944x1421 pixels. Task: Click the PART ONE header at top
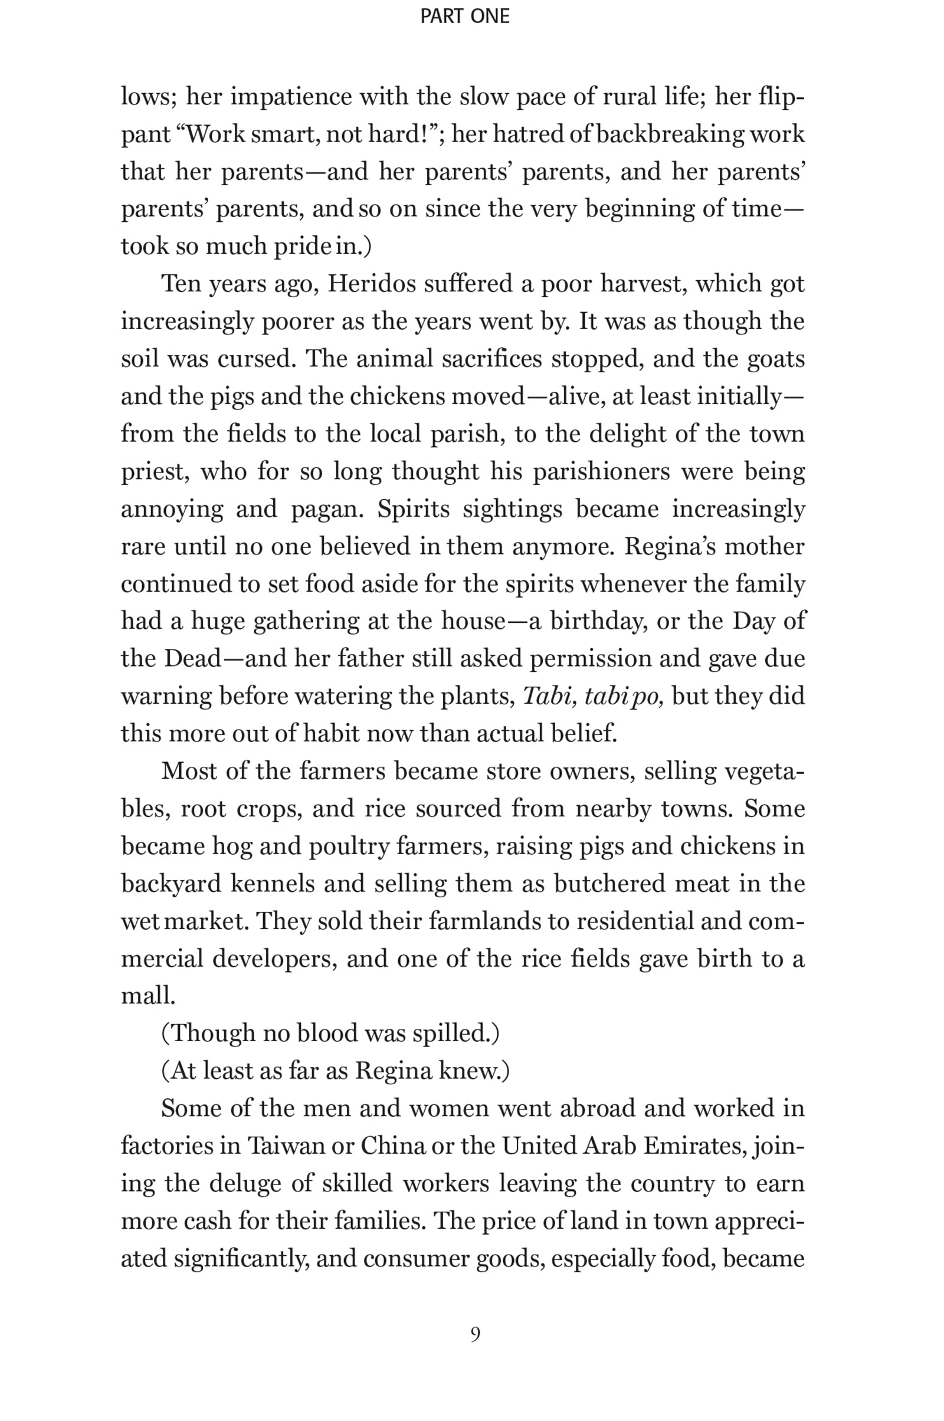click(x=465, y=17)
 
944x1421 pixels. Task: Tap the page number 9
click(x=475, y=1334)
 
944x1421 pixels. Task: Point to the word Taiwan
click(x=286, y=1146)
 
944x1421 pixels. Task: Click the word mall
click(x=148, y=996)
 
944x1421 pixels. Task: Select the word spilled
click(x=455, y=1033)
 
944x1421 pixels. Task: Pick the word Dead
click(x=192, y=658)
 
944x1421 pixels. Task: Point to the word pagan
click(x=327, y=509)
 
